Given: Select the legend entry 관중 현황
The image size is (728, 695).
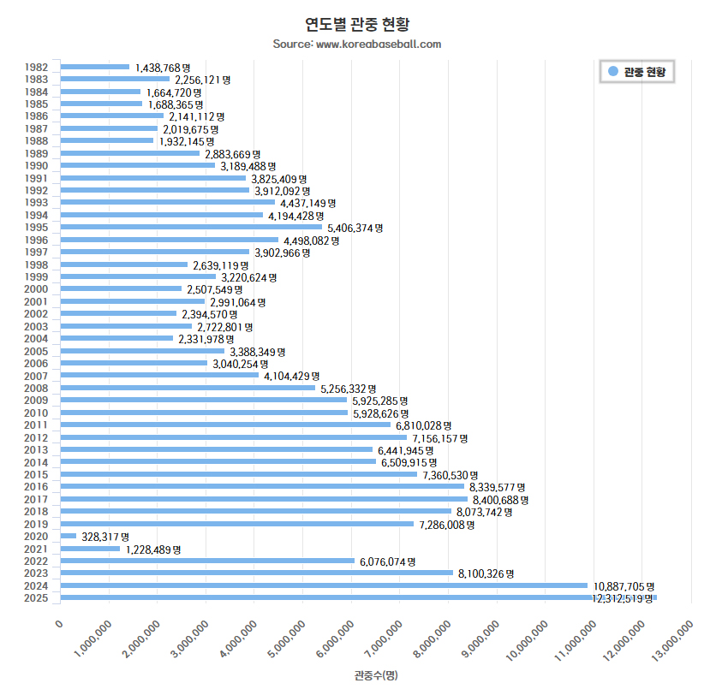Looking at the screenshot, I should click(637, 72).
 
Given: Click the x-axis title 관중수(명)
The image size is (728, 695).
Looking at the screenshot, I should click(375, 675).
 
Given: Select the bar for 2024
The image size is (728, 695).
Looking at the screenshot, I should click(324, 585).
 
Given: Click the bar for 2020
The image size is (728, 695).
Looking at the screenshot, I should click(69, 536).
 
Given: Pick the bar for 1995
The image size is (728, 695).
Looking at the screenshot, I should click(191, 227).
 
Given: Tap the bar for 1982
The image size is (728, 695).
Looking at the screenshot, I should click(95, 66).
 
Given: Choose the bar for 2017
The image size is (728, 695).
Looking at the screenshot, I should click(264, 499).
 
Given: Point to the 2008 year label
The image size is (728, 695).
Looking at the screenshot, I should click(36, 388).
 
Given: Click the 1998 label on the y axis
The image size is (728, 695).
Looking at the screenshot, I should click(36, 264).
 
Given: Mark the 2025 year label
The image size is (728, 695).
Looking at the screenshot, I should click(36, 597).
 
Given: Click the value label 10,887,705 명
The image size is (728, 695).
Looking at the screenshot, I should click(624, 586).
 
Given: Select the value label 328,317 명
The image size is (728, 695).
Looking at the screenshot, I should click(105, 537).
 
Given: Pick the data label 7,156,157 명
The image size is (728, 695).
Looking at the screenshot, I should click(440, 437).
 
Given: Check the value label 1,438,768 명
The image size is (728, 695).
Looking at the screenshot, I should click(163, 67).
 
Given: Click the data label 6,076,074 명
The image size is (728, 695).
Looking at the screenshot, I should click(387, 561).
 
